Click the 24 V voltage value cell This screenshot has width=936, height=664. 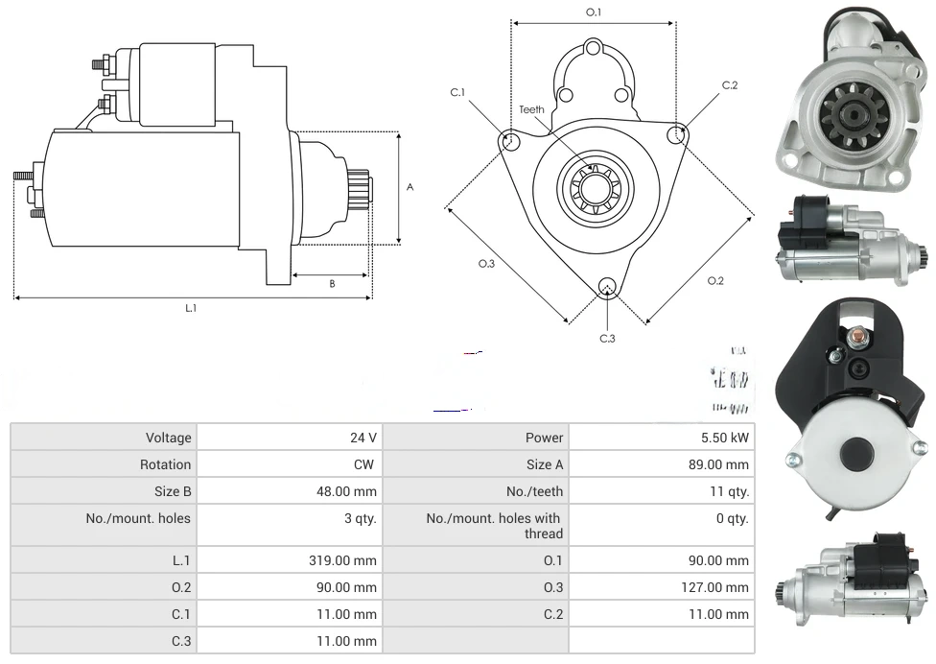pyautogui.click(x=363, y=438)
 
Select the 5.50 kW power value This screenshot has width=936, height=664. pyautogui.click(x=725, y=438)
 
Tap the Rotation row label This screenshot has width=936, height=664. pyautogui.click(x=165, y=464)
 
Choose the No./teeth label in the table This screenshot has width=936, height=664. pyautogui.click(x=534, y=491)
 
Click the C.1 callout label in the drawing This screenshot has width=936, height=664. pyautogui.click(x=457, y=92)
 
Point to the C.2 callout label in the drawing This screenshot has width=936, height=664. pyautogui.click(x=730, y=85)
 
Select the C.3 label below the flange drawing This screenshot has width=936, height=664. pyautogui.click(x=607, y=338)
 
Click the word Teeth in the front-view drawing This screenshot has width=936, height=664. pyautogui.click(x=531, y=109)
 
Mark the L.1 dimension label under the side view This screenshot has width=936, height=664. pyautogui.click(x=191, y=308)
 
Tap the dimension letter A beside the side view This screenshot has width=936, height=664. pyautogui.click(x=409, y=187)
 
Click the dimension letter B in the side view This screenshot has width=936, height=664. pyautogui.click(x=332, y=283)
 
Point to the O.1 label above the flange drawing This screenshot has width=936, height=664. pyautogui.click(x=594, y=12)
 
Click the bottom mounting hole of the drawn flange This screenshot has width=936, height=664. pyautogui.click(x=606, y=286)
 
